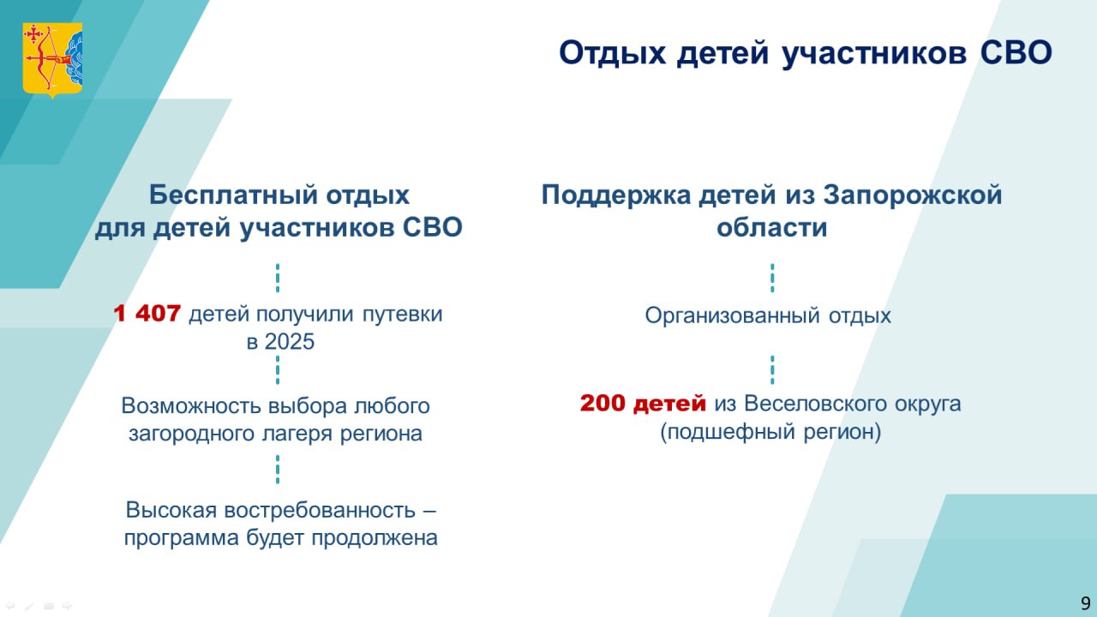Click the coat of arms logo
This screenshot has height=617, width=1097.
pos(52,60)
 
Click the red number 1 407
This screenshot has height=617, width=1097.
pos(147,314)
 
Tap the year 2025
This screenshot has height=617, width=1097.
pos(290,342)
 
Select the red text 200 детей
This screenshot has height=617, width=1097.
pos(643,404)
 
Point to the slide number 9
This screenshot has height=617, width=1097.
pos(1086,602)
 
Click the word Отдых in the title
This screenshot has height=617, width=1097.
pos(612,53)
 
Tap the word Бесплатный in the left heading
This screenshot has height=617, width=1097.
pos(234,195)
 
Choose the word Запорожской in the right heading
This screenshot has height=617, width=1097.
pos(913,195)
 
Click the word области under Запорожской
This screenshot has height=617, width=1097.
pos(772,228)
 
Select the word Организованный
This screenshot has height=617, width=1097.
pos(732,315)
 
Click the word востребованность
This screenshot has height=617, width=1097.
pos(320,510)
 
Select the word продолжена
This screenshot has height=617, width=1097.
pos(375,538)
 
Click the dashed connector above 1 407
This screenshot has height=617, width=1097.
pos(278,279)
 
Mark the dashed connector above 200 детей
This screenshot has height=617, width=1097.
pos(772,370)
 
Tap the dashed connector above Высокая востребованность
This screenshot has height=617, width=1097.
pos(278,470)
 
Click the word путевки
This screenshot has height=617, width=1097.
pos(402,314)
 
